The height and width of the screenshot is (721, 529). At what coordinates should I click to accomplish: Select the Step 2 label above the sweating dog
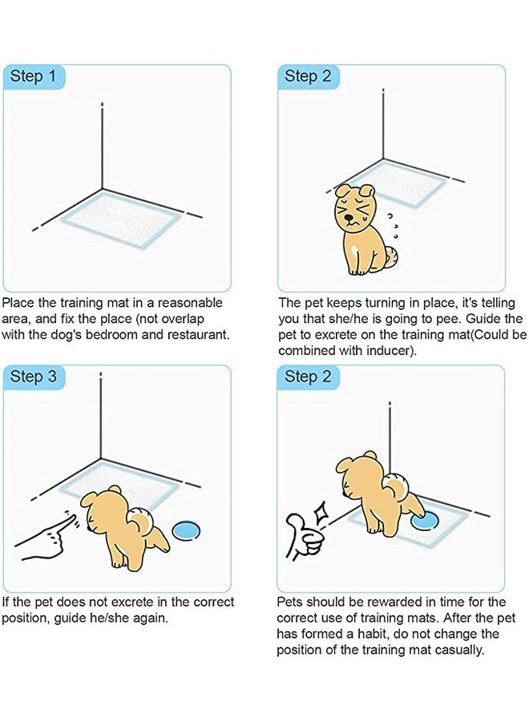tap(308, 77)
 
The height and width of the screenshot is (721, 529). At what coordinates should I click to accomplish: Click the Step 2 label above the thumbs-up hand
tap(308, 377)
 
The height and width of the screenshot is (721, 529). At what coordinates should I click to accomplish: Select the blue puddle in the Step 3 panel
tap(189, 530)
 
